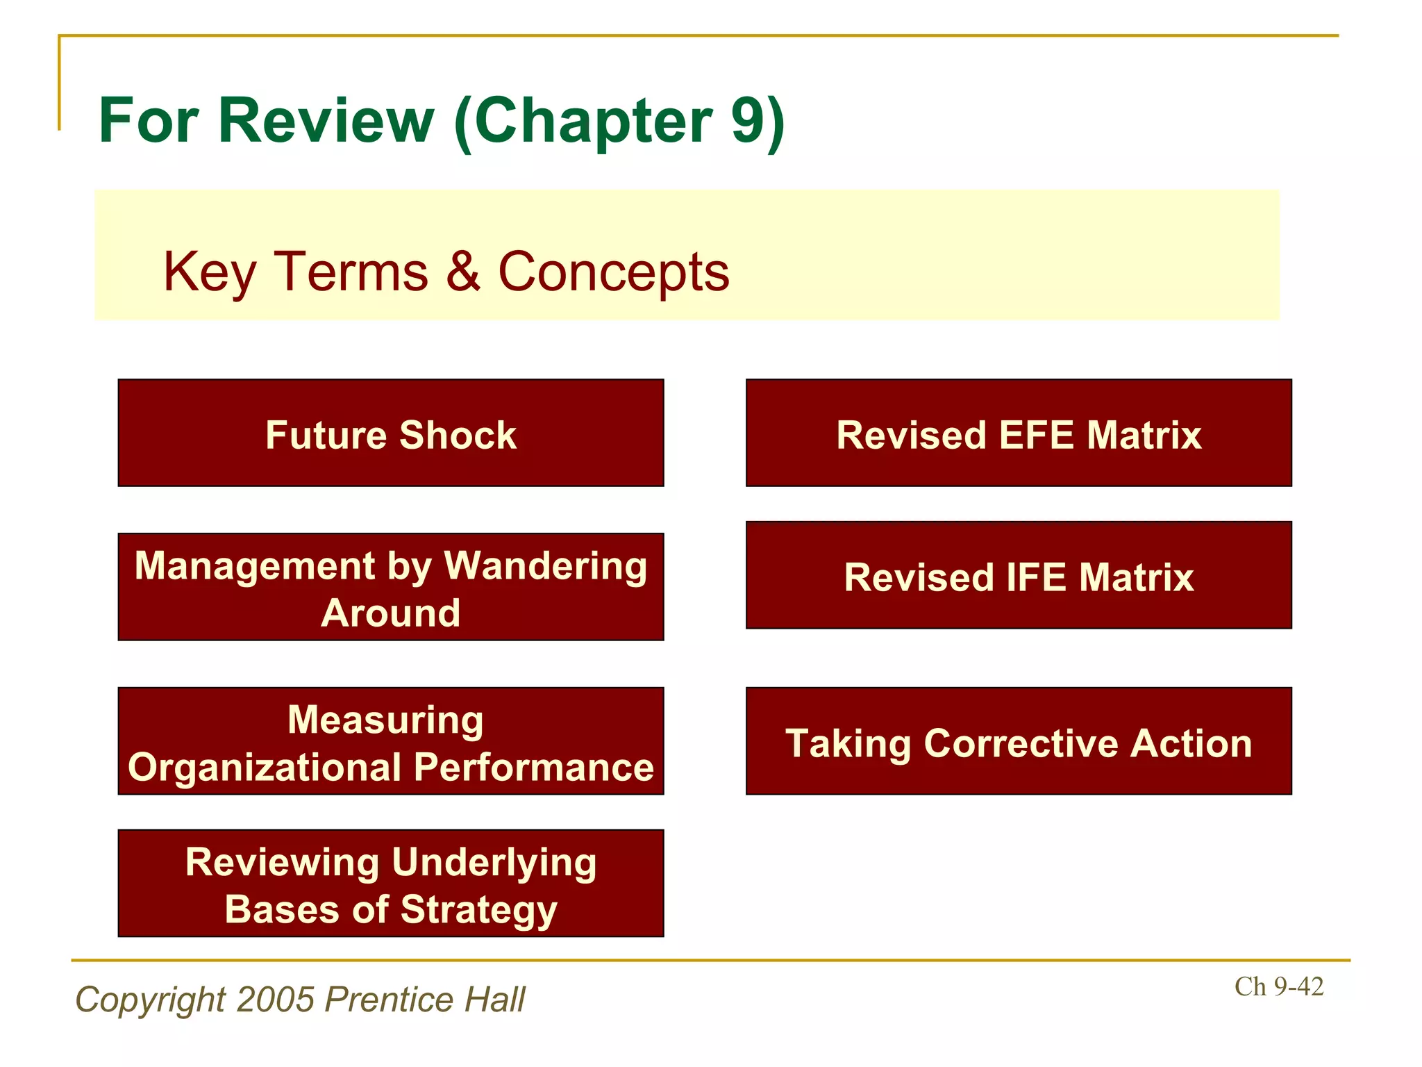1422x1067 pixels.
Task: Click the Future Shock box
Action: tap(391, 433)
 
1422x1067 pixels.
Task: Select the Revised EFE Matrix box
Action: tap(1019, 433)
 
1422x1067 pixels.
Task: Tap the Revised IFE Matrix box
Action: tap(1019, 576)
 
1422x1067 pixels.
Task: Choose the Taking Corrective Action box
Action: tap(1019, 741)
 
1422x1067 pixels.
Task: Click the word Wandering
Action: tap(545, 565)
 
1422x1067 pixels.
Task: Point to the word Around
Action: tap(391, 613)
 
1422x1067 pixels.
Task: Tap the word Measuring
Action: tap(385, 720)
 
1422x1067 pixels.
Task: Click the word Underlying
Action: tap(494, 863)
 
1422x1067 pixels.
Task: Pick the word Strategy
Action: tap(479, 910)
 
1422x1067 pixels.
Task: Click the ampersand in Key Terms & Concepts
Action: tap(463, 271)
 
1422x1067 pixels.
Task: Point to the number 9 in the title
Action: tap(747, 121)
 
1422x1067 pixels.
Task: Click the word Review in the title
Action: tap(326, 121)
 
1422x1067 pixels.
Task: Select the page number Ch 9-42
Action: tap(1278, 986)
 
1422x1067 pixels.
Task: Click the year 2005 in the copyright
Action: tap(276, 1000)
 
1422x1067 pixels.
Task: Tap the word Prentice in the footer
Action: tap(389, 1000)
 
